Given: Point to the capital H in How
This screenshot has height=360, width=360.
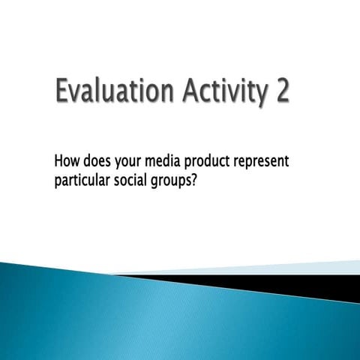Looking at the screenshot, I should click(60, 160).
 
